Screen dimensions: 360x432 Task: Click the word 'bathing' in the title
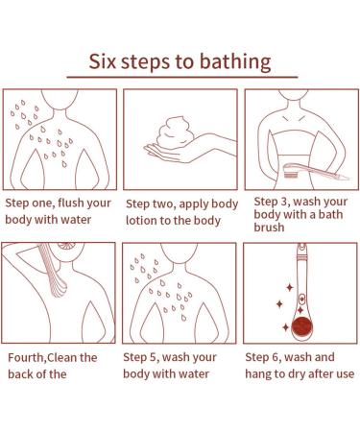(235, 62)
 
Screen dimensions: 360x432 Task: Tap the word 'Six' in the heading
(102, 61)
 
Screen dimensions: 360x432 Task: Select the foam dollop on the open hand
(175, 132)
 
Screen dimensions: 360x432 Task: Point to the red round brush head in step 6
(301, 326)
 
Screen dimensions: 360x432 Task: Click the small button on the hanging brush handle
(301, 300)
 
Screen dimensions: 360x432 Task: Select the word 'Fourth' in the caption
(25, 357)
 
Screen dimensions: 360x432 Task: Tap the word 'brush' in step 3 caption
(269, 228)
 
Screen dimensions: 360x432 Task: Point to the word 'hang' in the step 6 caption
(258, 374)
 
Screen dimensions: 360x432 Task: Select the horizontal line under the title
(182, 77)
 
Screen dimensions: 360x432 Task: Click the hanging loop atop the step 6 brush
(301, 247)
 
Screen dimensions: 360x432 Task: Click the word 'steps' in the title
(157, 62)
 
